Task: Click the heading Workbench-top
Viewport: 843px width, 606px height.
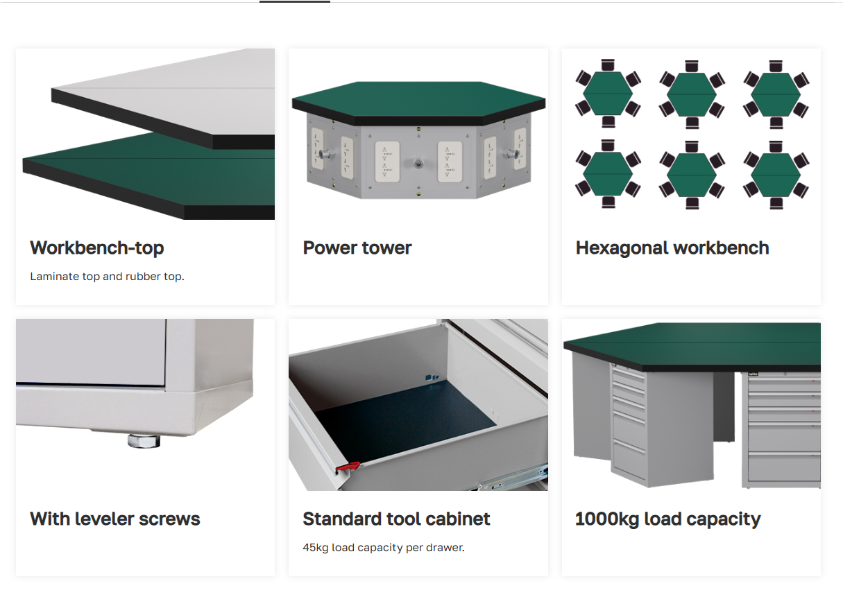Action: [x=97, y=248]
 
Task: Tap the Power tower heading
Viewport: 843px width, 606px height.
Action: [x=357, y=248]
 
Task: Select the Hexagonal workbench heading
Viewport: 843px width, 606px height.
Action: [x=672, y=248]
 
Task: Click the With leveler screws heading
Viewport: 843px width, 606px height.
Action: [x=115, y=519]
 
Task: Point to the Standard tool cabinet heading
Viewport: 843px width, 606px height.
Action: [x=396, y=519]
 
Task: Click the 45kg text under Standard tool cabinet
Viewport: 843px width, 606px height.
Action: [x=316, y=547]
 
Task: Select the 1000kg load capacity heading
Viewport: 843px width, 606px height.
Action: [x=668, y=519]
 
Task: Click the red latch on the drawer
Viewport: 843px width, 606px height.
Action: [x=348, y=467]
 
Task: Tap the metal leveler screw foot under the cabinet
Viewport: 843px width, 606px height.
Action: [x=144, y=441]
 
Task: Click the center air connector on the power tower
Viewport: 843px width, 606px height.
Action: [x=418, y=164]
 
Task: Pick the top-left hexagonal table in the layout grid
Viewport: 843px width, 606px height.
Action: [x=608, y=94]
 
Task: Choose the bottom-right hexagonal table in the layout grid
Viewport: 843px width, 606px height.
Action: [x=776, y=175]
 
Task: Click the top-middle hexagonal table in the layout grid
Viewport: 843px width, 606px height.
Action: [x=692, y=94]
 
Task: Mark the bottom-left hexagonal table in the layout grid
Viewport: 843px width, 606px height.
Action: [x=608, y=174]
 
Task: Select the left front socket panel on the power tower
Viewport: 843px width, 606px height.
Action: [x=387, y=162]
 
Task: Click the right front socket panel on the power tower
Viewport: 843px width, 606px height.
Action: [x=450, y=162]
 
